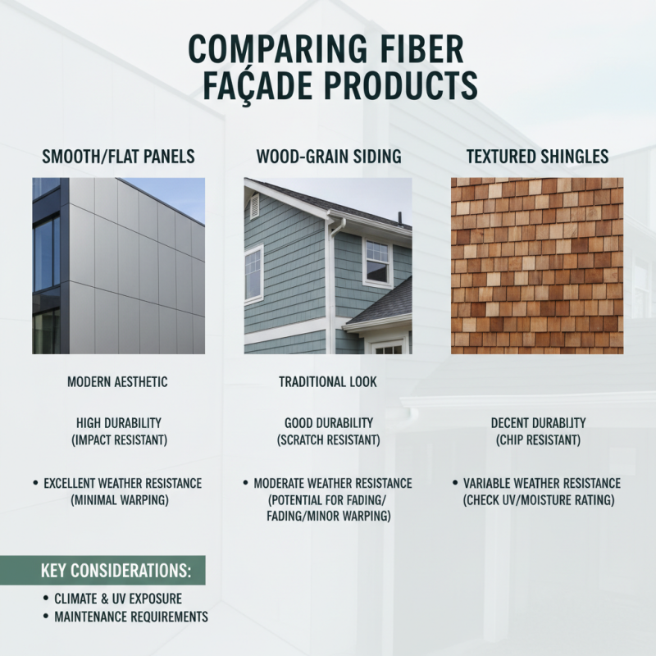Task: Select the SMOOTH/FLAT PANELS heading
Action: click(x=118, y=156)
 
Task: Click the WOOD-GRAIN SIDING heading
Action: click(x=328, y=156)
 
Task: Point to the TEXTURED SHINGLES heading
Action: click(x=537, y=156)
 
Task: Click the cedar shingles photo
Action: click(x=537, y=266)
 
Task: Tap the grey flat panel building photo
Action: click(x=118, y=266)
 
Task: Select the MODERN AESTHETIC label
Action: click(x=118, y=381)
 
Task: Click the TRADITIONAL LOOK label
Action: click(x=328, y=381)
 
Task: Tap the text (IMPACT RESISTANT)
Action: click(x=118, y=440)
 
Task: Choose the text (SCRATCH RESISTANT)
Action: click(x=328, y=440)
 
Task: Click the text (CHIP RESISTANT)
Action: click(x=538, y=440)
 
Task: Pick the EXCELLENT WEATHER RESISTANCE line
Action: click(x=122, y=484)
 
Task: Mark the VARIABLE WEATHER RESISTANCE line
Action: click(x=542, y=484)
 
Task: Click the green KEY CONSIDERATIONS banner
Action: click(x=102, y=570)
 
